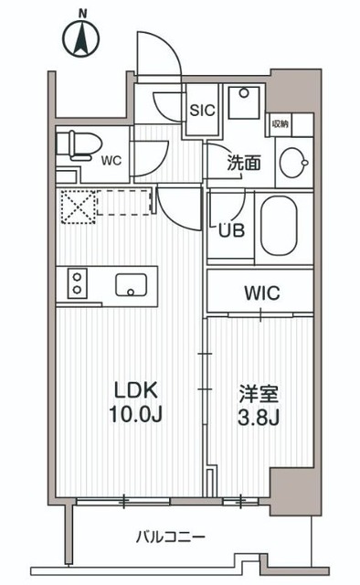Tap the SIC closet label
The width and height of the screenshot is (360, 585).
[x=201, y=110]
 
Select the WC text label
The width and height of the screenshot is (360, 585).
[x=111, y=161]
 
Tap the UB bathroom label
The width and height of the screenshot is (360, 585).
[x=230, y=229]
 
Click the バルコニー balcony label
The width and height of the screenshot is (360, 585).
[x=172, y=537]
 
